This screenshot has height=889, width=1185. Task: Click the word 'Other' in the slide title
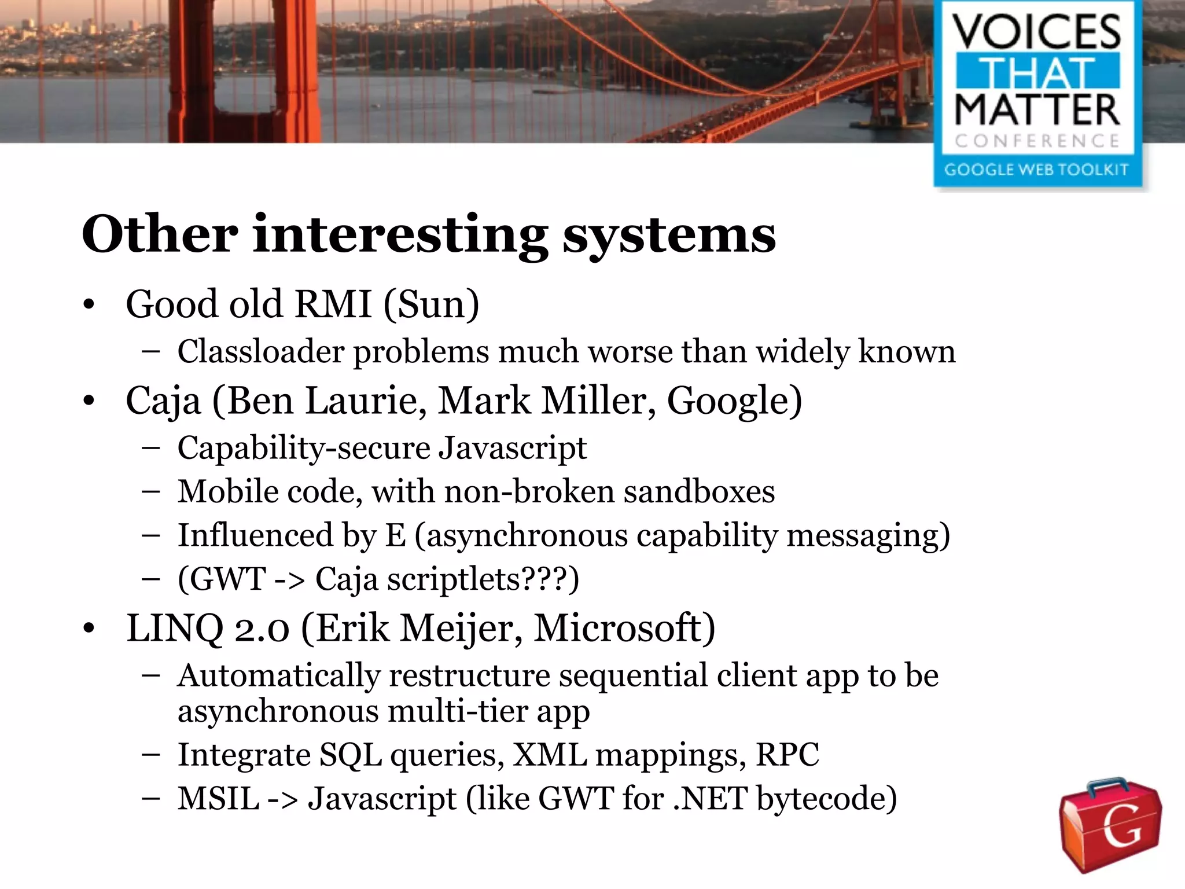pos(160,234)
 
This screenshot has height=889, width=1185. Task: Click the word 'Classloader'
pos(260,351)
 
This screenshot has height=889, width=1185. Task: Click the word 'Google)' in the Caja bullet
pos(734,401)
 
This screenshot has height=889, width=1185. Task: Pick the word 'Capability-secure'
pos(304,449)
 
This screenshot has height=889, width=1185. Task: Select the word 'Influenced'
pos(255,535)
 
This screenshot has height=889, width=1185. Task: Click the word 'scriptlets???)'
pos(483,579)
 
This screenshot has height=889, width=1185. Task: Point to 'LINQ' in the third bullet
pos(175,629)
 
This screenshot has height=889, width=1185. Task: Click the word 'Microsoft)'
pos(624,629)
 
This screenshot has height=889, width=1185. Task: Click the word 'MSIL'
pos(218,799)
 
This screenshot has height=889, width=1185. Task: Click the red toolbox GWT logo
pos(1110,825)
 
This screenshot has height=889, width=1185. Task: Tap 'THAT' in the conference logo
pos(1037,72)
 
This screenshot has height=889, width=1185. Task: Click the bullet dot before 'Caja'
pos(89,401)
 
